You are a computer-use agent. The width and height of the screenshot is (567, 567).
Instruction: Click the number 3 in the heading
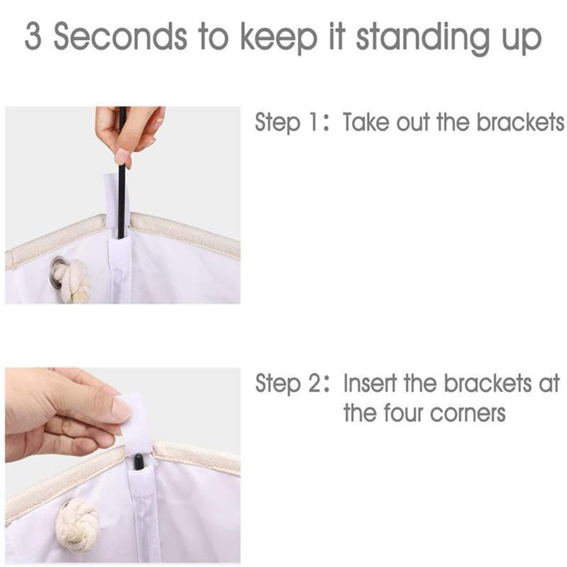(33, 38)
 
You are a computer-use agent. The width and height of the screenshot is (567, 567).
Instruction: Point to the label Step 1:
(291, 123)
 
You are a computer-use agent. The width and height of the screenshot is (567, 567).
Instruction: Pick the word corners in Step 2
(468, 414)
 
